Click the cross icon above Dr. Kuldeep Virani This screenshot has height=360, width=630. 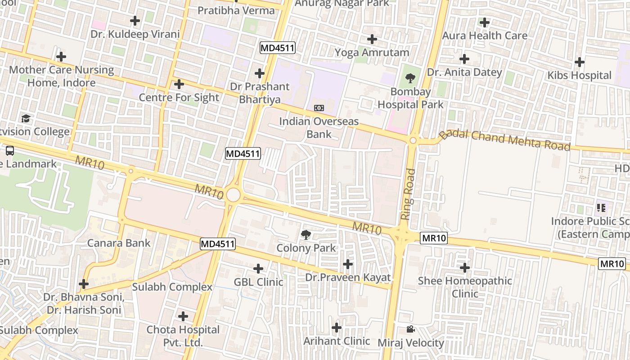click(x=135, y=21)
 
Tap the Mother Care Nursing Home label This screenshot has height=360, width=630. click(x=62, y=76)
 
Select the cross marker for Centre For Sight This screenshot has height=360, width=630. click(x=179, y=84)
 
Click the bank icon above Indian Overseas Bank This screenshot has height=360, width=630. click(x=319, y=108)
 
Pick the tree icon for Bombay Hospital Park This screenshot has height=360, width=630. click(x=410, y=79)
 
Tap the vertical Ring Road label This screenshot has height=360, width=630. click(x=408, y=194)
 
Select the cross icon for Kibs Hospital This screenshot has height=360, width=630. click(x=580, y=62)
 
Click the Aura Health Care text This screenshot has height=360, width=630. click(x=484, y=36)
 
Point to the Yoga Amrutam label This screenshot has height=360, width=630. click(x=372, y=53)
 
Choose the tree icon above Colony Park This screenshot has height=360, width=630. click(x=306, y=234)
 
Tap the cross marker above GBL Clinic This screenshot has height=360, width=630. click(x=258, y=269)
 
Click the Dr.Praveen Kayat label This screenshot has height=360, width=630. click(x=348, y=278)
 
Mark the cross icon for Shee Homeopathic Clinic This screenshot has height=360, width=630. click(x=464, y=268)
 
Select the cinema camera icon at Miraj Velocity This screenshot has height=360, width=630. click(x=410, y=329)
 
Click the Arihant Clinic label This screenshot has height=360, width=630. click(x=337, y=341)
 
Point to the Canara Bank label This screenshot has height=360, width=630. click(x=119, y=243)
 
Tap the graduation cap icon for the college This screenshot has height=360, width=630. click(x=26, y=119)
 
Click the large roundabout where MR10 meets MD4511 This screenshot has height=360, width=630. click(x=233, y=195)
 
